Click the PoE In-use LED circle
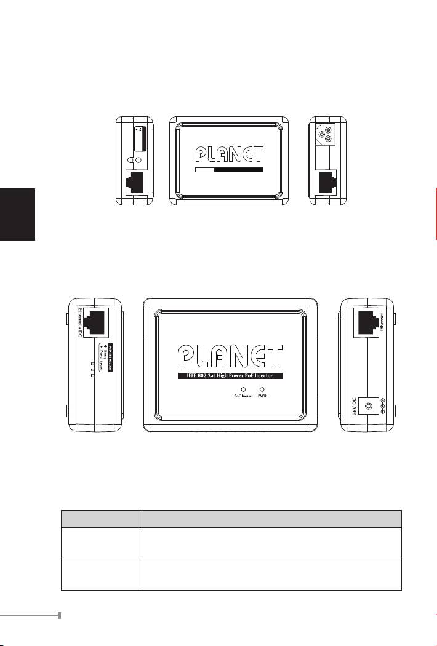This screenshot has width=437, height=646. point(243,389)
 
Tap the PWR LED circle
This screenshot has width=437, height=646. point(262,389)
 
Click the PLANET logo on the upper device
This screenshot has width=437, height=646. point(229,154)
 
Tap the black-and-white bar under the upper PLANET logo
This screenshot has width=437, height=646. point(229,169)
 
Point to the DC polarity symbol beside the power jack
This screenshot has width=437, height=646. point(382,405)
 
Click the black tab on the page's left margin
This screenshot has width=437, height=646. point(18,215)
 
